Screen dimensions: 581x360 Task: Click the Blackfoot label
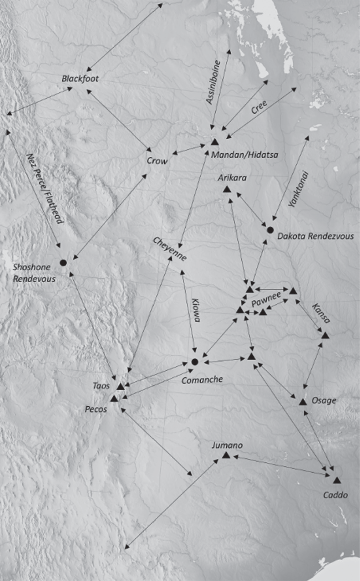click(80, 79)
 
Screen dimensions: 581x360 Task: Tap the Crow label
click(157, 161)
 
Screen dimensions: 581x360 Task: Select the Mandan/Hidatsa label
click(245, 155)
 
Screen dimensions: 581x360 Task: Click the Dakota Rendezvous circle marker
click(270, 230)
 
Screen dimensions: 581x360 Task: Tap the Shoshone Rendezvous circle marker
click(63, 263)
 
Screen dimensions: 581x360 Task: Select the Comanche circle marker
click(195, 362)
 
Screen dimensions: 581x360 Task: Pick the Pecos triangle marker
click(114, 399)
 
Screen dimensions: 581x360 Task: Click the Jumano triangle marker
click(226, 455)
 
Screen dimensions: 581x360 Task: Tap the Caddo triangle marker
click(337, 480)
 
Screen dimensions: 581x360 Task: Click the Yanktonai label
click(299, 189)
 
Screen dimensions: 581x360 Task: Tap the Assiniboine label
click(214, 83)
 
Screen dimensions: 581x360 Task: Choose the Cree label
click(259, 107)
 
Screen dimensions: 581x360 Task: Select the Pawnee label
click(266, 299)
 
